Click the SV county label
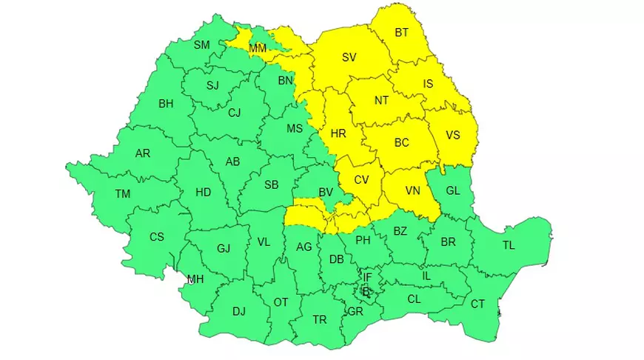click(x=349, y=56)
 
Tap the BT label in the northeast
click(x=402, y=33)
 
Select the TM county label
click(x=123, y=194)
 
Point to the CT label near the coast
click(x=477, y=304)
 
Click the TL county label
click(x=509, y=246)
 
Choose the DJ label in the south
click(x=238, y=312)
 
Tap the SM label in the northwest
click(x=202, y=44)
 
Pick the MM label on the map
click(x=258, y=49)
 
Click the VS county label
click(x=453, y=135)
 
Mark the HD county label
click(x=203, y=193)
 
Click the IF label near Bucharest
click(x=367, y=278)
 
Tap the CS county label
click(x=157, y=237)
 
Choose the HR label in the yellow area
click(x=338, y=134)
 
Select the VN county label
click(x=413, y=191)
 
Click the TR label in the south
click(x=319, y=320)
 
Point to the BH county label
click(x=166, y=104)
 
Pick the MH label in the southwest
click(x=195, y=279)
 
